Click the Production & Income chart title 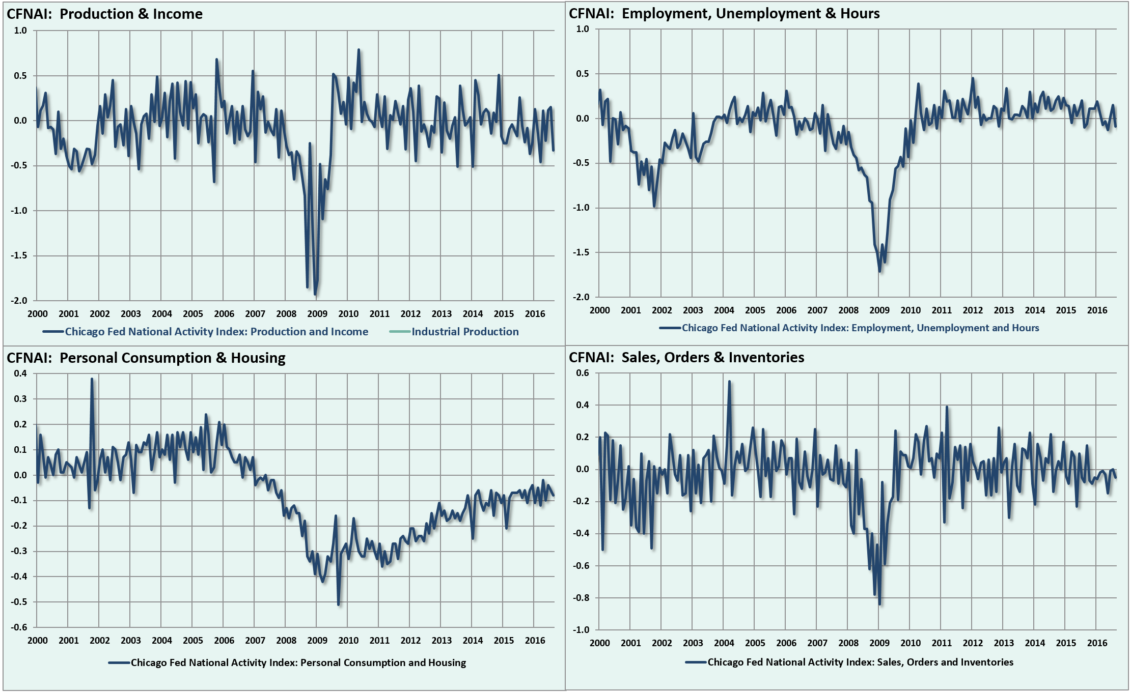104,14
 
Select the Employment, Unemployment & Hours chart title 724,13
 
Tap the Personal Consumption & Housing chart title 146,358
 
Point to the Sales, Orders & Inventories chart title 686,357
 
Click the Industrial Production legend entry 464,332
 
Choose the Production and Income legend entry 216,332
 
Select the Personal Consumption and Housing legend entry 298,662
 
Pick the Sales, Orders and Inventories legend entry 860,662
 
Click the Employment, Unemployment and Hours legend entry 860,328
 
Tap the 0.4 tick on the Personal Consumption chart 20,373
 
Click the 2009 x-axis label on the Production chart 317,314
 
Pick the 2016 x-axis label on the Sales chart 1097,643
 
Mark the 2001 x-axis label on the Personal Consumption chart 68,641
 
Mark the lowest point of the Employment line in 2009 879,271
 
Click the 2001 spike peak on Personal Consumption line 92,379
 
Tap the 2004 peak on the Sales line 729,381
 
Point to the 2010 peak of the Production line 359,50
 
